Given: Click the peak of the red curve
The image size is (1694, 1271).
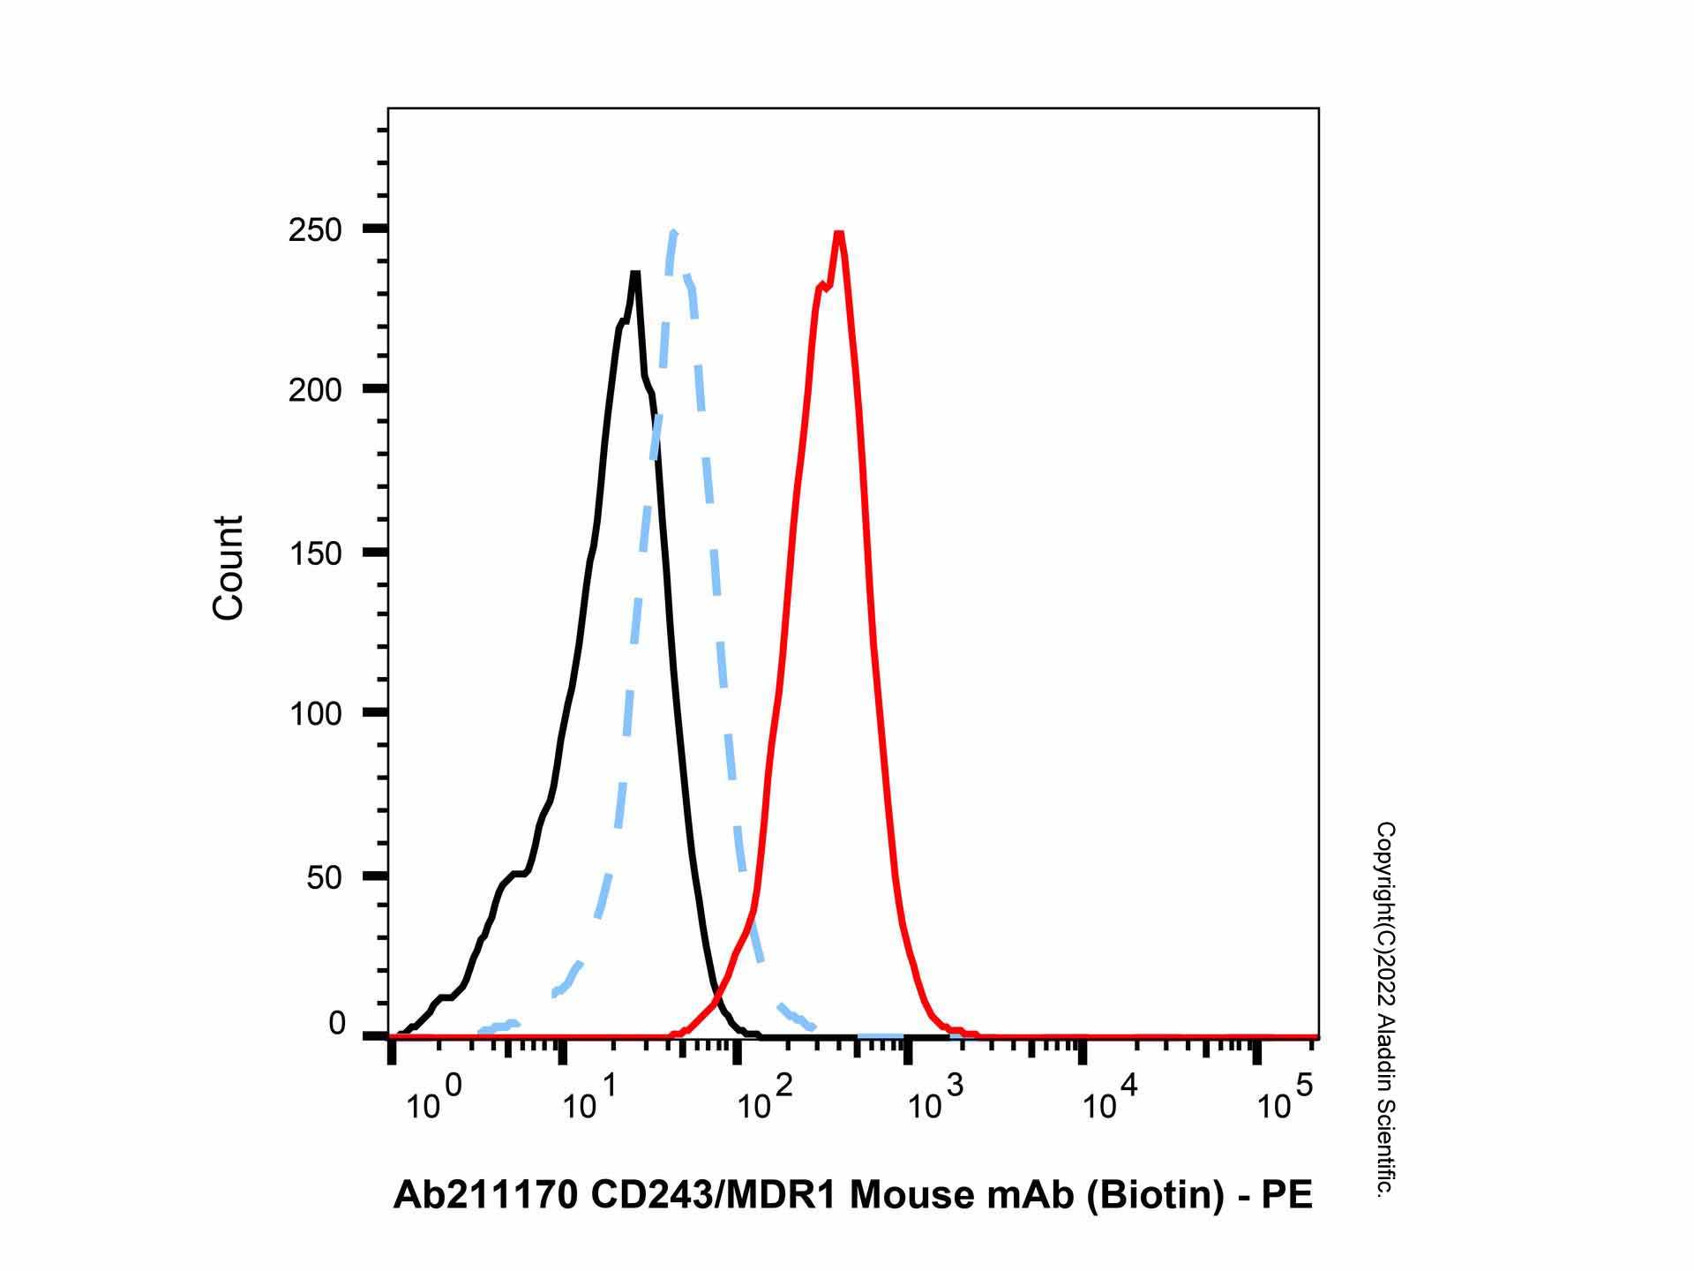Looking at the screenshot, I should (839, 234).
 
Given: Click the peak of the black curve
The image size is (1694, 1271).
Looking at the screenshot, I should (635, 273).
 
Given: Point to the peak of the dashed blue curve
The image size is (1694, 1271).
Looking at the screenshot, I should (673, 233).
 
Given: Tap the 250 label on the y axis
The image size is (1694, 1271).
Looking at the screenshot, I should (315, 230).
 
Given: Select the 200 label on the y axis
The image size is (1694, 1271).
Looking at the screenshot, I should (315, 390).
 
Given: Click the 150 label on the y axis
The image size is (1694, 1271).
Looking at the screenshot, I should (315, 554).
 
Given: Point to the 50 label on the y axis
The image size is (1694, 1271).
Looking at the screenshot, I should (324, 877).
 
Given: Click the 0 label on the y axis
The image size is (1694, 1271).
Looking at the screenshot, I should (336, 1024).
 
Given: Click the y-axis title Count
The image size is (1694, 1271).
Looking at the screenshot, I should (228, 568).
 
